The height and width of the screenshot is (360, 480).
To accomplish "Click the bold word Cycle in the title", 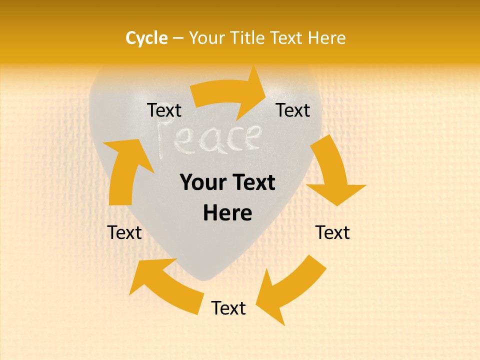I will tap(146, 38).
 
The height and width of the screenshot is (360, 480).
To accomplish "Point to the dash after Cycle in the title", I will tap(178, 38).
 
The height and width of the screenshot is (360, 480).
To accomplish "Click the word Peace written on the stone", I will tap(209, 137).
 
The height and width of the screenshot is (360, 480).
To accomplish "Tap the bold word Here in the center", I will tap(227, 213).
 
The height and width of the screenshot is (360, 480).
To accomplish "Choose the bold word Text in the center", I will tap(253, 182).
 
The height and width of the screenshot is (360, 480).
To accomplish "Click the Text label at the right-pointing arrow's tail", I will tap(164, 110).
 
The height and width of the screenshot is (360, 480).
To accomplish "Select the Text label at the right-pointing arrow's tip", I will tap(293, 110).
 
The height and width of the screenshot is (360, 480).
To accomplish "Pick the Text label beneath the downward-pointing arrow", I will tap(332, 232).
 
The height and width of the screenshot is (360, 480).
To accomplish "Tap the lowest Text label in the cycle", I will tap(228, 308).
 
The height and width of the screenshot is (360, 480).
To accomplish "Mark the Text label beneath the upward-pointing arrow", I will tap(124, 232).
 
